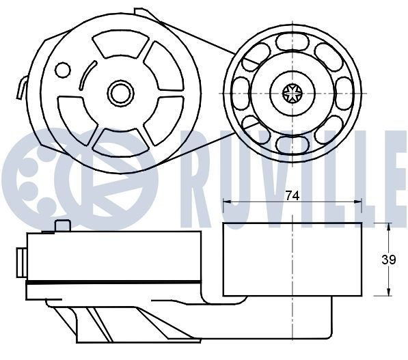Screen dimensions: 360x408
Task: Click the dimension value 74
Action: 292,195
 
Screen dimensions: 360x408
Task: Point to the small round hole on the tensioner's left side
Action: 63,70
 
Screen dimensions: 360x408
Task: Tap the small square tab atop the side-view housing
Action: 63,226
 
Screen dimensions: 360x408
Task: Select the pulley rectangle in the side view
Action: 292,260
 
